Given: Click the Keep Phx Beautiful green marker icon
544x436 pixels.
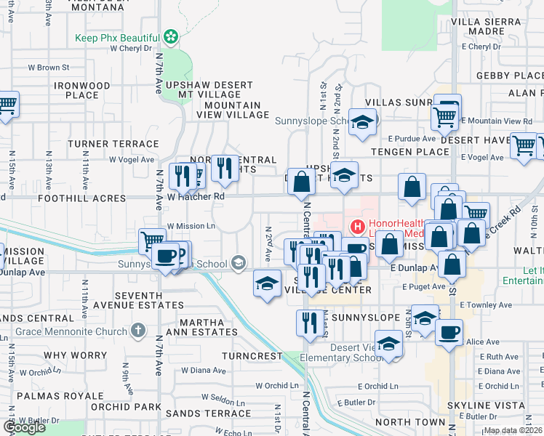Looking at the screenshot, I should coord(171,36).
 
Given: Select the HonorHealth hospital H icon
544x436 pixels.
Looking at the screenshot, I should coord(358,227).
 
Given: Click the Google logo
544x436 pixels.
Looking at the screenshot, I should coord(24,427).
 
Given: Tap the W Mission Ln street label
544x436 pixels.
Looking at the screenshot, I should coord(191,226).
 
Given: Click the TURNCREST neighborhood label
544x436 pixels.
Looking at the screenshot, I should coord(252,356).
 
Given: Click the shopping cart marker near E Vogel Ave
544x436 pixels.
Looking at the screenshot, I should coord(523,145).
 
